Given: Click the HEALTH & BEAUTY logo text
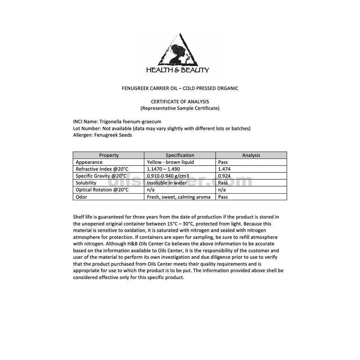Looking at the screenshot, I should [x=177, y=70].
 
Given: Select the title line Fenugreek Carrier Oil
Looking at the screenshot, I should [x=180, y=88].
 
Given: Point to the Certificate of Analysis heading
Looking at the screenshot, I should [x=180, y=102].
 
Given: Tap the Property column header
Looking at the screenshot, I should [x=109, y=155].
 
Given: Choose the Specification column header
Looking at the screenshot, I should [x=180, y=155].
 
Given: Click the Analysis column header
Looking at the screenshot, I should [x=251, y=155].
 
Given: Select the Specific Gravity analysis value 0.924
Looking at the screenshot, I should [x=224, y=176].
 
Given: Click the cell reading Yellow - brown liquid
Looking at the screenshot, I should [x=170, y=162].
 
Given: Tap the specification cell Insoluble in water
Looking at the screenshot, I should [x=167, y=183].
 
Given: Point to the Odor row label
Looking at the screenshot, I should [x=81, y=197].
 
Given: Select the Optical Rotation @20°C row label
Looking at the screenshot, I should [x=102, y=190].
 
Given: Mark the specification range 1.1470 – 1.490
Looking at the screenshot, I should [x=163, y=169].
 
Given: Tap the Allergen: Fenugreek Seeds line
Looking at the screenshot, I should [x=102, y=135].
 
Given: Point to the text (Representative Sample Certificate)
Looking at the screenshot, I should [x=180, y=108].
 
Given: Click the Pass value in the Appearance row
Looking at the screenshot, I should [x=223, y=162].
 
